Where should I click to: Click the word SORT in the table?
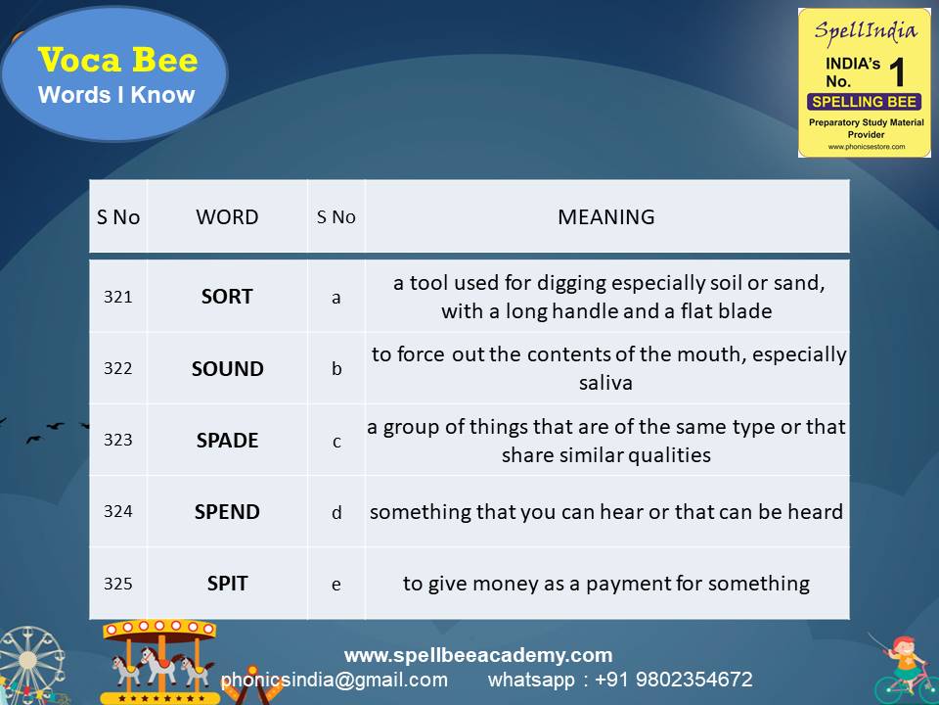(x=227, y=297)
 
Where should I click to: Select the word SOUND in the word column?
(x=227, y=369)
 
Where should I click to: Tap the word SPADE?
(x=227, y=441)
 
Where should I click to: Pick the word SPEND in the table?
(x=227, y=512)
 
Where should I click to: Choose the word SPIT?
(x=227, y=584)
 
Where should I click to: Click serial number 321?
(x=117, y=297)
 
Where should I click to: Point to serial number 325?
(x=117, y=584)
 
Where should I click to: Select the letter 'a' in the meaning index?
(x=336, y=298)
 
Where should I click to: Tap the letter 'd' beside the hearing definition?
(x=336, y=512)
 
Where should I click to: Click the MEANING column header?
(x=606, y=217)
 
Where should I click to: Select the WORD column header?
(x=227, y=217)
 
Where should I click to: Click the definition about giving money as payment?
(x=606, y=584)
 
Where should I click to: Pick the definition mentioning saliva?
(x=606, y=369)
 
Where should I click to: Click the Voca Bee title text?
(x=117, y=61)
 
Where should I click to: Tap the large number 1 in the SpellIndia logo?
(x=897, y=73)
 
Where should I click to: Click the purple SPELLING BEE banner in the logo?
(x=864, y=102)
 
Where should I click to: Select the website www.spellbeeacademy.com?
(x=478, y=655)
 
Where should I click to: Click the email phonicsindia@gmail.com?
(x=334, y=680)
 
